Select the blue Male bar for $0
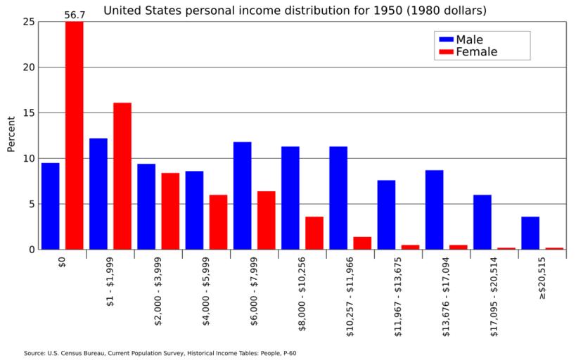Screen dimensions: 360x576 point(51,206)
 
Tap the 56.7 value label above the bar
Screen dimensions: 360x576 point(75,15)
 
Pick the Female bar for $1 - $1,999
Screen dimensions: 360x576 point(122,176)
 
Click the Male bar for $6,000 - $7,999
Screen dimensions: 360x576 point(243,195)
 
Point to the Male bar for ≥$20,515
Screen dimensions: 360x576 point(530,233)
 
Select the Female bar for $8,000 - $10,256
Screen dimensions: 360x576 point(314,233)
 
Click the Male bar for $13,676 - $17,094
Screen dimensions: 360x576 point(434,210)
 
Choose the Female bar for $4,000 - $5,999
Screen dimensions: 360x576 point(218,221)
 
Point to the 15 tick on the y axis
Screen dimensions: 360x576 point(29,113)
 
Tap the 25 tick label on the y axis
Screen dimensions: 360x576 point(29,22)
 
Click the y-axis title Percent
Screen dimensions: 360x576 point(11,134)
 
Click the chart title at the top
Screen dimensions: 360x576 point(295,11)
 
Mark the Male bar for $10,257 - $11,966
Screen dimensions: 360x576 point(338,198)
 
